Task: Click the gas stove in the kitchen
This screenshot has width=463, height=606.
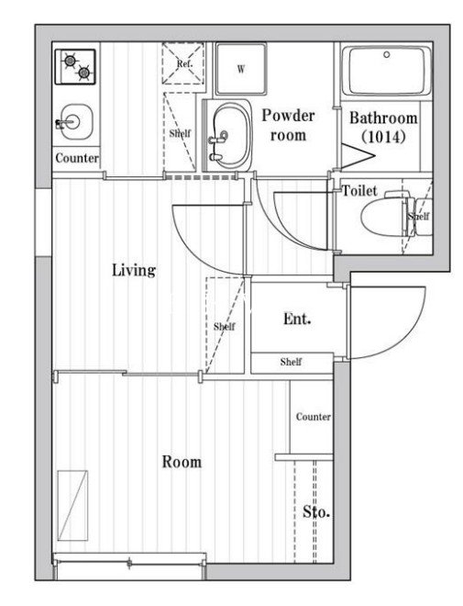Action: click(75, 67)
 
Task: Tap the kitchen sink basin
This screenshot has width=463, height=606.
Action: click(76, 122)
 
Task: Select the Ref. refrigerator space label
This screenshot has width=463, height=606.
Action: click(184, 63)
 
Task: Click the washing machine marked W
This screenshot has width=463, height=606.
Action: click(241, 69)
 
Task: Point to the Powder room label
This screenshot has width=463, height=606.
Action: click(288, 125)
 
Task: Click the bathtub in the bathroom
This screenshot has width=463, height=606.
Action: click(387, 71)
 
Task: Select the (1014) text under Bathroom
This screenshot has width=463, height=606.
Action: click(383, 137)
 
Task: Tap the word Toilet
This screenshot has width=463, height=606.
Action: click(359, 191)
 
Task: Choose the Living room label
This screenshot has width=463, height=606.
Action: click(134, 270)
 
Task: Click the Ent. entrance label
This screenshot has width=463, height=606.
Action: click(297, 319)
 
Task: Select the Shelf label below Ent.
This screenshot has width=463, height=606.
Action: click(291, 362)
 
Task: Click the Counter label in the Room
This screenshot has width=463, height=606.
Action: click(313, 417)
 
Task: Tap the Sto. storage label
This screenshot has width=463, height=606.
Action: click(316, 511)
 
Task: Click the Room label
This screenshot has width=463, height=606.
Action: click(182, 462)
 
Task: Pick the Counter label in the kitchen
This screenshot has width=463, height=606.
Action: click(77, 158)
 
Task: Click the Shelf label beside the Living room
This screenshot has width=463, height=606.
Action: click(225, 327)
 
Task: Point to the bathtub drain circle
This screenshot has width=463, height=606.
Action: click(387, 54)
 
